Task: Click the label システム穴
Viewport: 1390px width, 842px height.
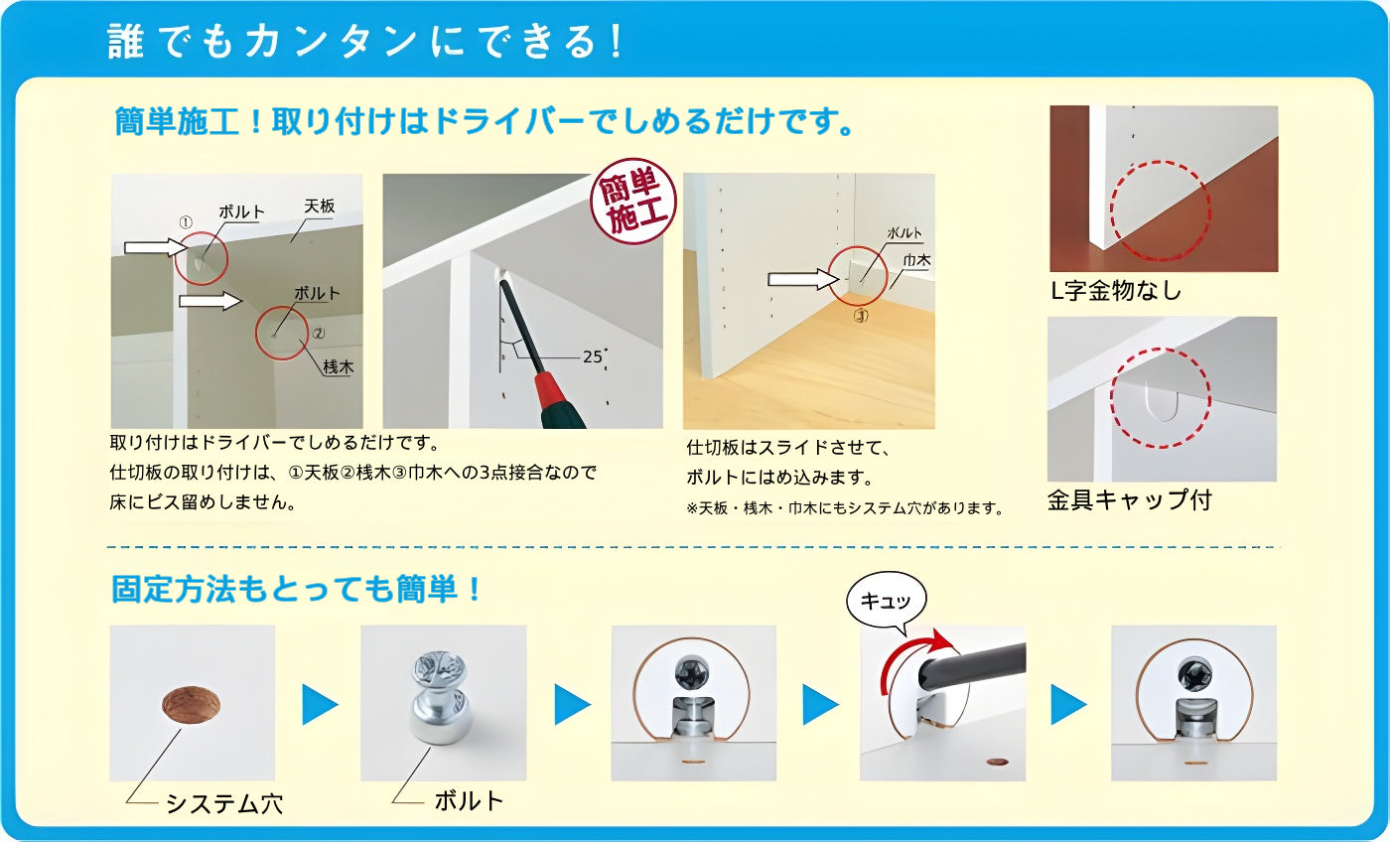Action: [x=223, y=802]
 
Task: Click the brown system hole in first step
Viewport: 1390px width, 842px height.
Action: [x=190, y=703]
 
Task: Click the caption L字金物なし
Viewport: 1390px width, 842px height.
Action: [x=1116, y=292]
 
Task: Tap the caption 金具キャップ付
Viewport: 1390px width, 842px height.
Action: [x=1129, y=499]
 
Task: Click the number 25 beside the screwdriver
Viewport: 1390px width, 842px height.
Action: [x=593, y=356]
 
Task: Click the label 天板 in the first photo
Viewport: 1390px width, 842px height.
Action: [x=320, y=207]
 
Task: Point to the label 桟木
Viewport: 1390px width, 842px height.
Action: [x=338, y=366]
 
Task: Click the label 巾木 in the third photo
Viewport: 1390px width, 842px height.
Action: [x=914, y=260]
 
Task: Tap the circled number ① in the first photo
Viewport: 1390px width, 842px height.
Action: [x=186, y=221]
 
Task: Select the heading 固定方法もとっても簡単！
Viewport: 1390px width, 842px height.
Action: [x=297, y=589]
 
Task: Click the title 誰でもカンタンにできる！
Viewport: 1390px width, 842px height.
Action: [x=366, y=42]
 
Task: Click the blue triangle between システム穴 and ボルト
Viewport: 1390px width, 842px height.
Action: [x=320, y=704]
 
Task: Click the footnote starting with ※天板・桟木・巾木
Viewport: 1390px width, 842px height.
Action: [x=844, y=508]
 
